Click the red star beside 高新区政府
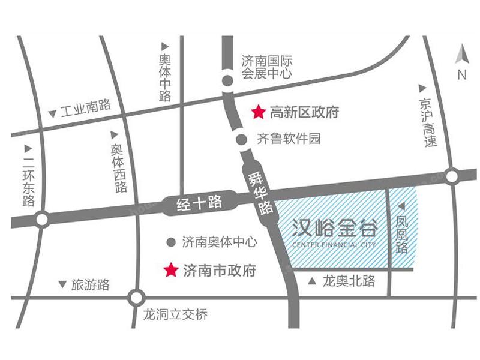pos(258,112)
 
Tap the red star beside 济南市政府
pos(172,270)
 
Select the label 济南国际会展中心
pos(267,67)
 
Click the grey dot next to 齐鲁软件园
pos(241,139)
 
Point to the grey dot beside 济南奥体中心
pos(171,242)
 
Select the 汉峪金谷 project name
pos(335,229)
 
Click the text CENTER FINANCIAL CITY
pos(335,245)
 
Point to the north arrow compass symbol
pos(461,55)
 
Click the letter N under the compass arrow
pos(461,75)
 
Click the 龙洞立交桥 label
pos(176,314)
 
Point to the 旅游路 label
pos(91,285)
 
